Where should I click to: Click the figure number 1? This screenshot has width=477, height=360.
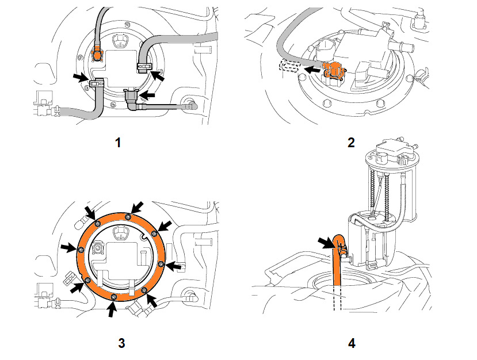[119, 142]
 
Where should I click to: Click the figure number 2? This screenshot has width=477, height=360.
[351, 142]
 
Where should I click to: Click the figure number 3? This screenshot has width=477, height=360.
[121, 343]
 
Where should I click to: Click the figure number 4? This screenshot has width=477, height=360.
[352, 343]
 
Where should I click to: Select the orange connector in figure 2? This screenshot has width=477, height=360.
[334, 72]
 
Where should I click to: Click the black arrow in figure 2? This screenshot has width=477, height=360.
[312, 70]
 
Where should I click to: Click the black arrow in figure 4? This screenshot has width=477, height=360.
[326, 243]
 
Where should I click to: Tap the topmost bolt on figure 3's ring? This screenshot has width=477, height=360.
[128, 216]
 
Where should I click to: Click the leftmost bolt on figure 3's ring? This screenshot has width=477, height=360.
[81, 250]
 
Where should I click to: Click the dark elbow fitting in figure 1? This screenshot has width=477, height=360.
[132, 99]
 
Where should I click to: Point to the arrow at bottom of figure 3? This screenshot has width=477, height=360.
[112, 309]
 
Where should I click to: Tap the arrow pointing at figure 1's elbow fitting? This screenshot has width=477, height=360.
[147, 95]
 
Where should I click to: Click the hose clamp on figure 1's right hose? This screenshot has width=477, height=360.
[144, 67]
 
